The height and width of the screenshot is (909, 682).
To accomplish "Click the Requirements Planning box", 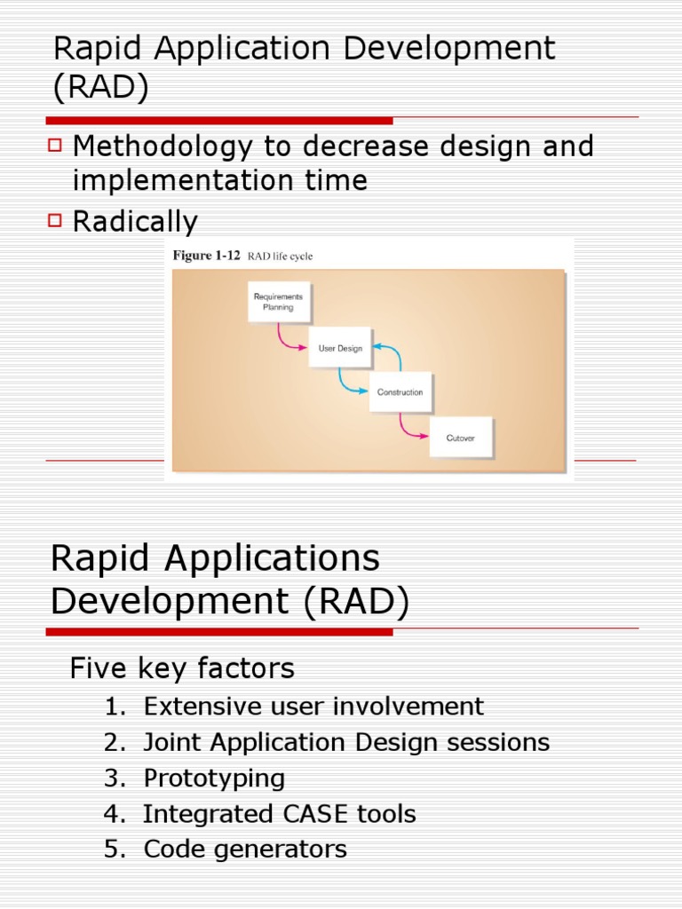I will pyautogui.click(x=278, y=302).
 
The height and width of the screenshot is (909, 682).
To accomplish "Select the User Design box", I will pyautogui.click(x=340, y=349).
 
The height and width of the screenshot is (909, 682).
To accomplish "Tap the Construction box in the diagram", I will pyautogui.click(x=400, y=392).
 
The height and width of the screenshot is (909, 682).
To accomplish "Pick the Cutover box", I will pyautogui.click(x=460, y=438).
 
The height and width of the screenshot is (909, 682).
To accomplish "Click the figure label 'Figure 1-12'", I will pyautogui.click(x=205, y=256).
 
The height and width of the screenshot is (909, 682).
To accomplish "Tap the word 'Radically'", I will pyautogui.click(x=135, y=221).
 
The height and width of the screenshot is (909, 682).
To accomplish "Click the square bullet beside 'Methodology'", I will pyautogui.click(x=56, y=144).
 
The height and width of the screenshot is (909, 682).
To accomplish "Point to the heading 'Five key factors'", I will pyautogui.click(x=182, y=668).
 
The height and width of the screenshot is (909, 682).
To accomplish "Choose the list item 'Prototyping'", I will pyautogui.click(x=214, y=779).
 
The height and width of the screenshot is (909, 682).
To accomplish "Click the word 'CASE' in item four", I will pyautogui.click(x=297, y=814).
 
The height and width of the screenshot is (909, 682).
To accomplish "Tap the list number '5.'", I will pyautogui.click(x=115, y=850).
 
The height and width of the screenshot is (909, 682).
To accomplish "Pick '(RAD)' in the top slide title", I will pyautogui.click(x=100, y=89).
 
